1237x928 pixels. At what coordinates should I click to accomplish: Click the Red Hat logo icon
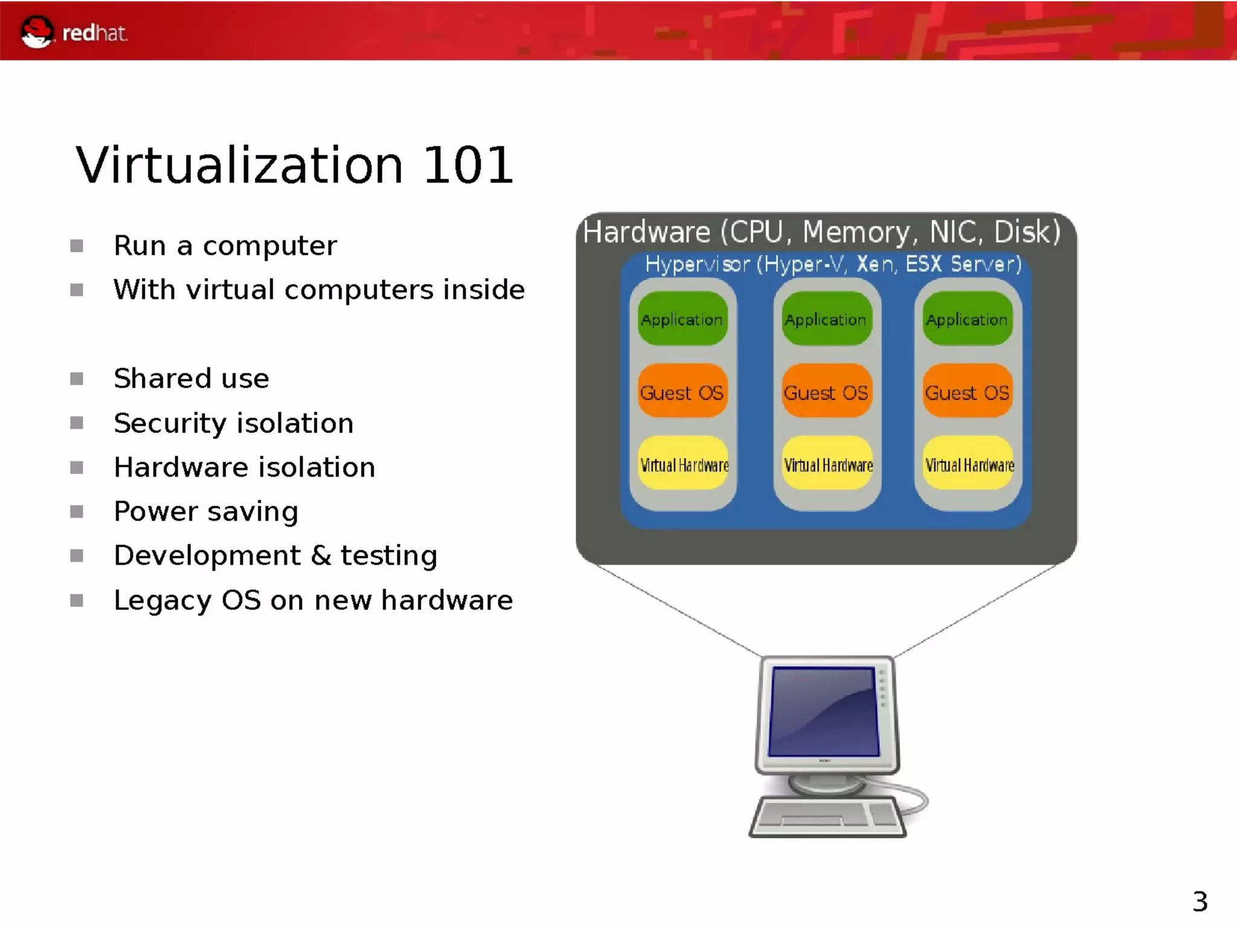click(36, 31)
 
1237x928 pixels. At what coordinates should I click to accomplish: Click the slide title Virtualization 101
click(294, 165)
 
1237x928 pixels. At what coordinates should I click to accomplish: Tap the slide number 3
click(1200, 901)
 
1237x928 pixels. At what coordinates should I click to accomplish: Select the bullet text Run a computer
click(225, 246)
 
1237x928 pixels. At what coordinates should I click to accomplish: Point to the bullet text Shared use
click(191, 379)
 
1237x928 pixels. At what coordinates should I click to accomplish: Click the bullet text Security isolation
click(233, 423)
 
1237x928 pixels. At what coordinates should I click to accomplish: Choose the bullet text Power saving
click(205, 511)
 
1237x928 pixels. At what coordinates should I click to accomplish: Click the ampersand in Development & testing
click(321, 556)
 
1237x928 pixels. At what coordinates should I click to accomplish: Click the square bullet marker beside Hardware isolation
click(77, 467)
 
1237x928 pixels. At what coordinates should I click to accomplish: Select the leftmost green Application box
click(682, 319)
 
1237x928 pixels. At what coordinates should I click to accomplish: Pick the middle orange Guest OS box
click(826, 392)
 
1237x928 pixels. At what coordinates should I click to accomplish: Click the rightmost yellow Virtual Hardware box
click(969, 464)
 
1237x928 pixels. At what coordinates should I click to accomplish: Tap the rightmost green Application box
click(966, 319)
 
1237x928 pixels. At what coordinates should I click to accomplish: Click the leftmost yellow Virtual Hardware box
click(684, 464)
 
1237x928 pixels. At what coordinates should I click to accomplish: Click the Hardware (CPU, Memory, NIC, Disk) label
click(821, 232)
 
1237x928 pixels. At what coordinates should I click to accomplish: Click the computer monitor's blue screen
click(824, 711)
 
